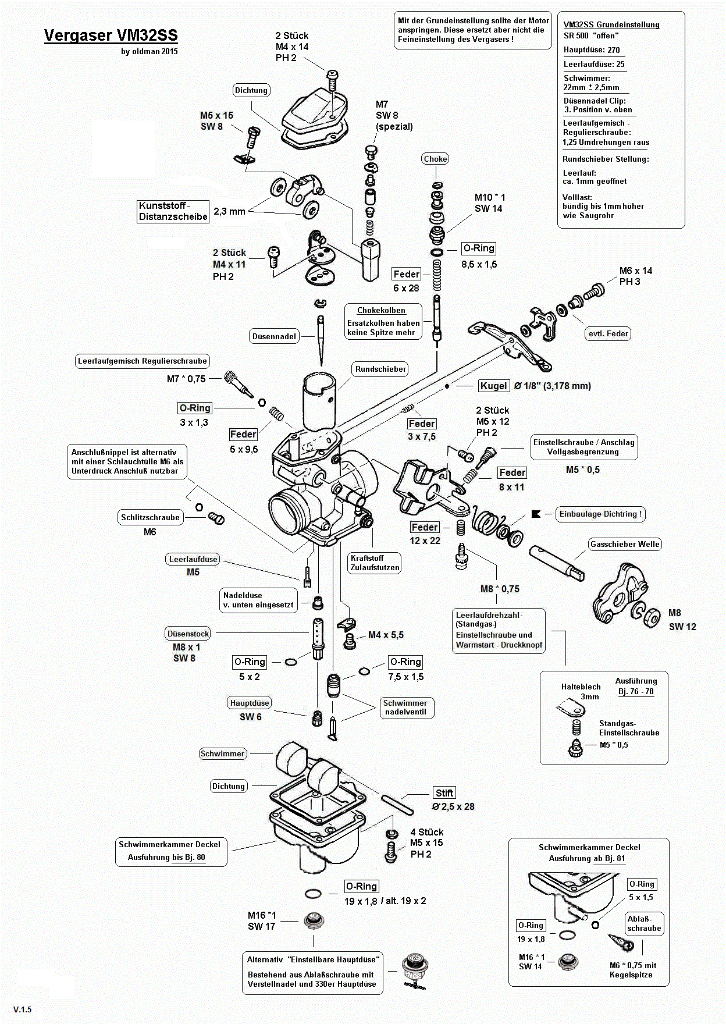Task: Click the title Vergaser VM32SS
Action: click(111, 35)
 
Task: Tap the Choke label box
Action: click(435, 159)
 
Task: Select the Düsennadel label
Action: click(275, 336)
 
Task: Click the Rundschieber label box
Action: click(380, 369)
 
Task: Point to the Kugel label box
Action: click(493, 386)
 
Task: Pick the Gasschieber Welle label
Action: click(625, 545)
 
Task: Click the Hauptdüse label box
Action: click(250, 703)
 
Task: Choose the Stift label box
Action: click(444, 793)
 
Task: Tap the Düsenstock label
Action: click(188, 634)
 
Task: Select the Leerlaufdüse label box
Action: click(193, 559)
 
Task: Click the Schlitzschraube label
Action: click(150, 517)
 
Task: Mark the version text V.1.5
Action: click(23, 1009)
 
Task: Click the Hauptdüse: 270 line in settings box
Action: click(592, 50)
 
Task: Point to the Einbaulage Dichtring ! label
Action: click(600, 514)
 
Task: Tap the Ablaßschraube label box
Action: click(644, 923)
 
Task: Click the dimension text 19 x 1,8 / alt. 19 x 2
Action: click(385, 901)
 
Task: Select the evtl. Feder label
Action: click(608, 333)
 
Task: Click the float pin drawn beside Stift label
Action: click(397, 805)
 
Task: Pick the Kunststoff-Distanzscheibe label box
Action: click(173, 211)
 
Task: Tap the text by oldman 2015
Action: click(150, 51)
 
